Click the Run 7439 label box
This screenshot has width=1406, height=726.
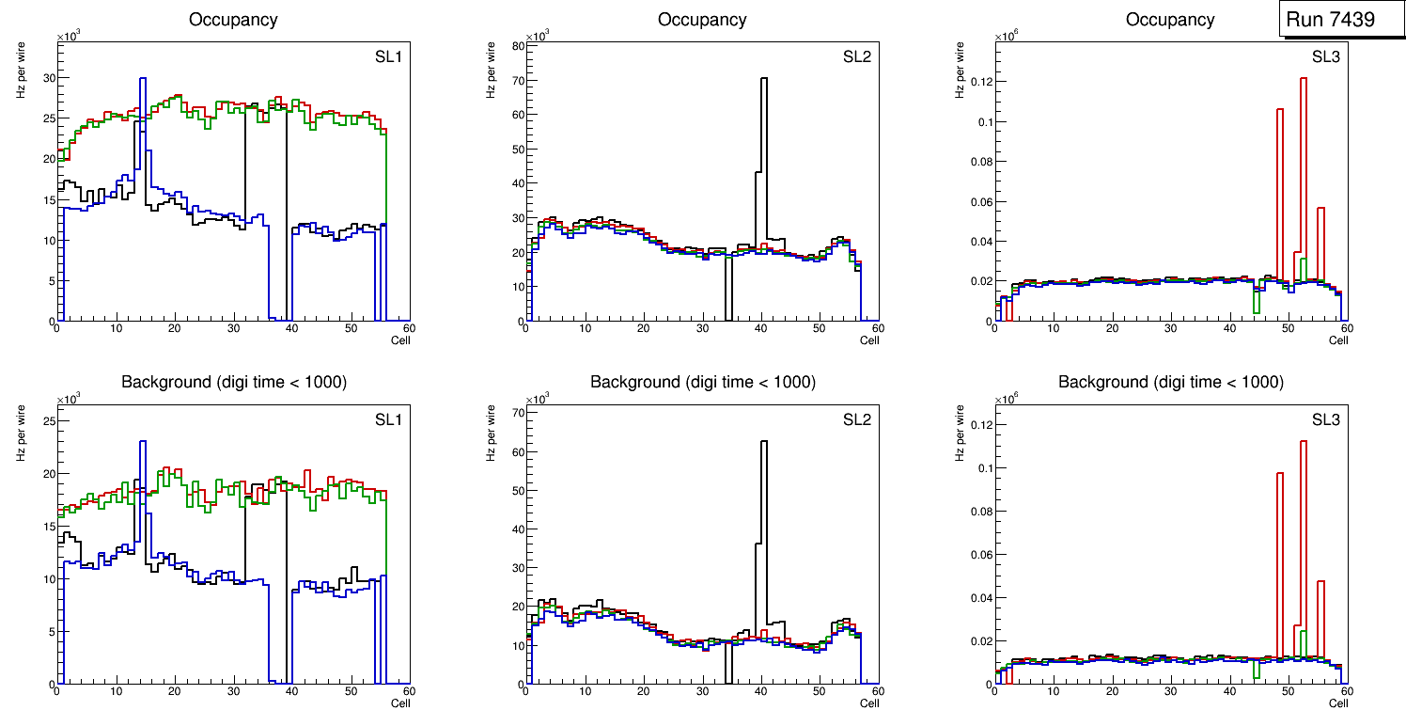(x=1338, y=19)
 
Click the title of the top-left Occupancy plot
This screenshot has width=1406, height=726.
(x=233, y=19)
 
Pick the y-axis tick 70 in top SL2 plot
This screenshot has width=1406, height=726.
(x=515, y=79)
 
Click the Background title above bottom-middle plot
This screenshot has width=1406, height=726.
(x=702, y=382)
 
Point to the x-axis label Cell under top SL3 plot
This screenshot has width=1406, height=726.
(x=1338, y=340)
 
